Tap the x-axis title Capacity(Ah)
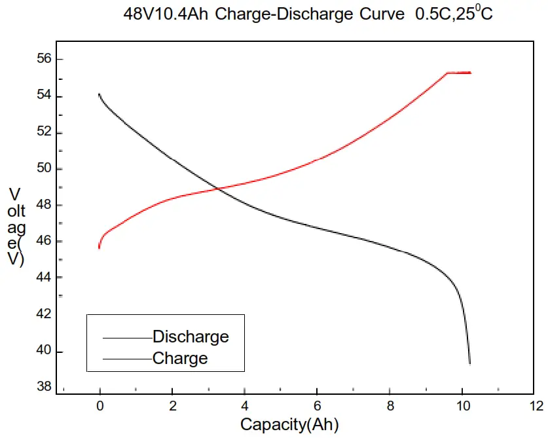point(289,424)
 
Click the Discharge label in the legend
point(191,337)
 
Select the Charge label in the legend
point(179,358)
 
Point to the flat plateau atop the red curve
point(458,73)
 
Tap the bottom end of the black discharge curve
point(469,363)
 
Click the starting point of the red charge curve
point(99,247)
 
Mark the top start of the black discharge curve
point(99,94)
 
